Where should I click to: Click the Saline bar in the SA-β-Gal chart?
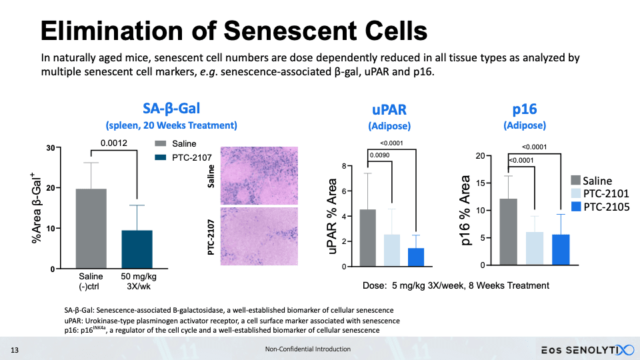click(91, 229)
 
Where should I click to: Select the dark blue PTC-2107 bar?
click(137, 249)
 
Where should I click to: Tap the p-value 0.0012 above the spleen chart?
click(113, 143)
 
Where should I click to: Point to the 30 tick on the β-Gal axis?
click(51, 147)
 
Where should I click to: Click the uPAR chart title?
click(389, 110)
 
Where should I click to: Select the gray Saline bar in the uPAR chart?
click(368, 238)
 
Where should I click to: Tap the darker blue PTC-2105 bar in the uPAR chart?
click(415, 257)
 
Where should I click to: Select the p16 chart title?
click(524, 109)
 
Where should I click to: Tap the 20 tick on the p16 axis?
click(479, 156)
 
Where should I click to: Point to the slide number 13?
click(13, 349)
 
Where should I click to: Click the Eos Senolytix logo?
click(585, 349)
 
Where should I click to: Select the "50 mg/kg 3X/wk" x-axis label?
click(138, 281)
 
